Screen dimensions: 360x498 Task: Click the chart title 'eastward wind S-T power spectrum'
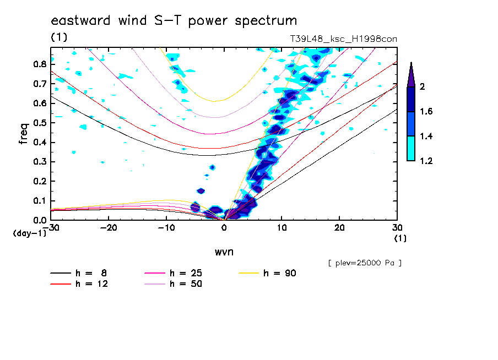[174, 21]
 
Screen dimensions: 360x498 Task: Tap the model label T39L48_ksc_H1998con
[344, 39]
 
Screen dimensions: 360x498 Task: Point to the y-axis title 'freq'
[23, 134]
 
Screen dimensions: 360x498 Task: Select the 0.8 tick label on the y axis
[39, 64]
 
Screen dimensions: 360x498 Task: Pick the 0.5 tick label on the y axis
[39, 123]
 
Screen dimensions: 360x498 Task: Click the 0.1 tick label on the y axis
[39, 201]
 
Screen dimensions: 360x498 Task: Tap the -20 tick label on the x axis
[109, 227]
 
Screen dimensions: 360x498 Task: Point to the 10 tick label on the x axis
[282, 227]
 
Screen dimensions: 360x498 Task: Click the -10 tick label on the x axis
[166, 227]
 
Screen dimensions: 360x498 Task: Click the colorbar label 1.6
[426, 112]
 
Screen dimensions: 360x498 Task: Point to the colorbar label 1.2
[426, 161]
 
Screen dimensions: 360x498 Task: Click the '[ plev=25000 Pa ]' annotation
[364, 263]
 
